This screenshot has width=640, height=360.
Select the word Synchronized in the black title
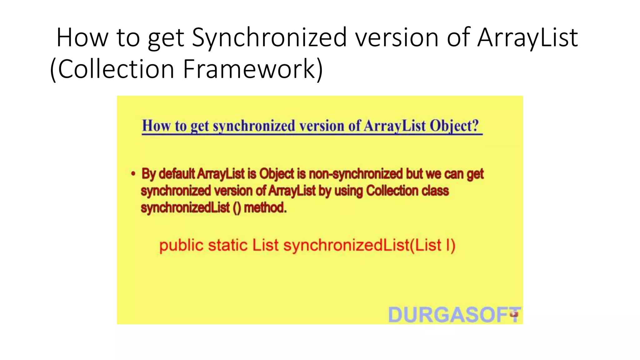pyautogui.click(x=269, y=37)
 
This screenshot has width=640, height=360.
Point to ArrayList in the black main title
pyautogui.click(x=527, y=37)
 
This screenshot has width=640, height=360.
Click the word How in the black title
pyautogui.click(x=82, y=37)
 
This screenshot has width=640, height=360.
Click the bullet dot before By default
pyautogui.click(x=133, y=174)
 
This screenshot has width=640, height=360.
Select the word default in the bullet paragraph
pyautogui.click(x=177, y=174)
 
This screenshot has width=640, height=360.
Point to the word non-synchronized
pyautogui.click(x=356, y=174)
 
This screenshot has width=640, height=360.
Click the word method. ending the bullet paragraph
pyautogui.click(x=265, y=207)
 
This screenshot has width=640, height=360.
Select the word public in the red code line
pyautogui.click(x=181, y=245)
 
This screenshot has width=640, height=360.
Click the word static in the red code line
pyautogui.click(x=228, y=245)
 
